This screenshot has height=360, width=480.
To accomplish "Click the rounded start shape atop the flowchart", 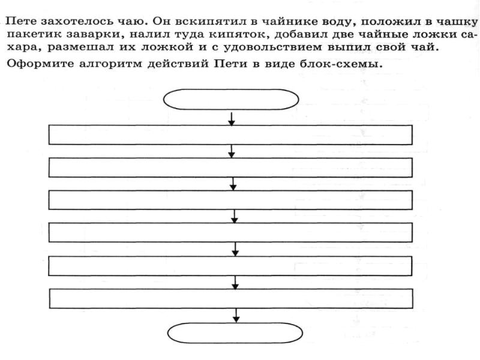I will pos(231,99).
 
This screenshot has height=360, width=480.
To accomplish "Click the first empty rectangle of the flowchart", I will pos(230,135).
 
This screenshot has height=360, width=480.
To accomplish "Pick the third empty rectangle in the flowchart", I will pos(230,200).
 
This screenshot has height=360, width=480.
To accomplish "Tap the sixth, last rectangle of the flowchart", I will pos(230,298).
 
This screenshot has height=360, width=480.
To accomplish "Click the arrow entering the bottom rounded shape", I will pos(236,316).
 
